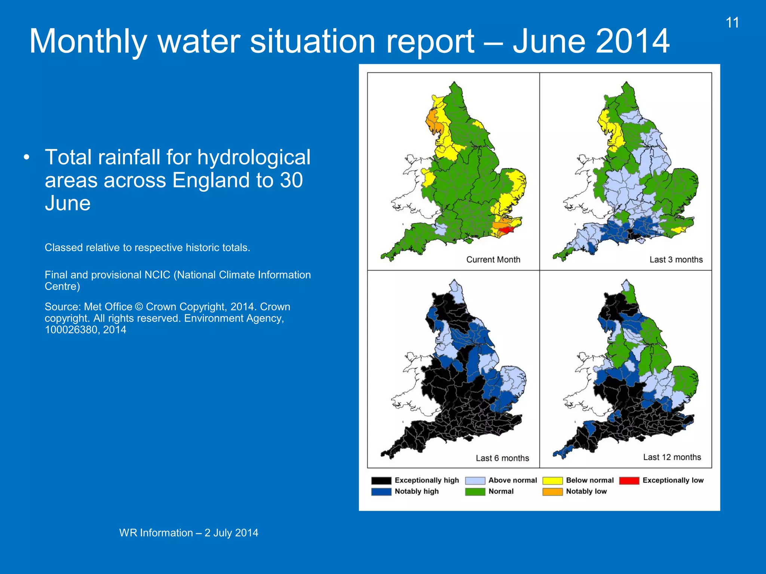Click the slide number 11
point(732,23)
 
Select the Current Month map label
point(493,260)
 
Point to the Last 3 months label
point(676,260)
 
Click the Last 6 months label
point(502,458)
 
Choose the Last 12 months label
point(672,457)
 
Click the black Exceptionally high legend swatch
point(381,481)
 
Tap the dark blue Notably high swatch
point(381,492)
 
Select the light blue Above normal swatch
point(475,481)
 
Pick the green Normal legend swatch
point(475,492)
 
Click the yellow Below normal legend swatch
point(552,481)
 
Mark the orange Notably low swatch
point(552,492)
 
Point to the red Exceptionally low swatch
point(629,481)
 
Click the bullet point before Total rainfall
point(26,158)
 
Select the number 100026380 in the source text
point(71,330)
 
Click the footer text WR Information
point(156,533)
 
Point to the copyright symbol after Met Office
point(139,307)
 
